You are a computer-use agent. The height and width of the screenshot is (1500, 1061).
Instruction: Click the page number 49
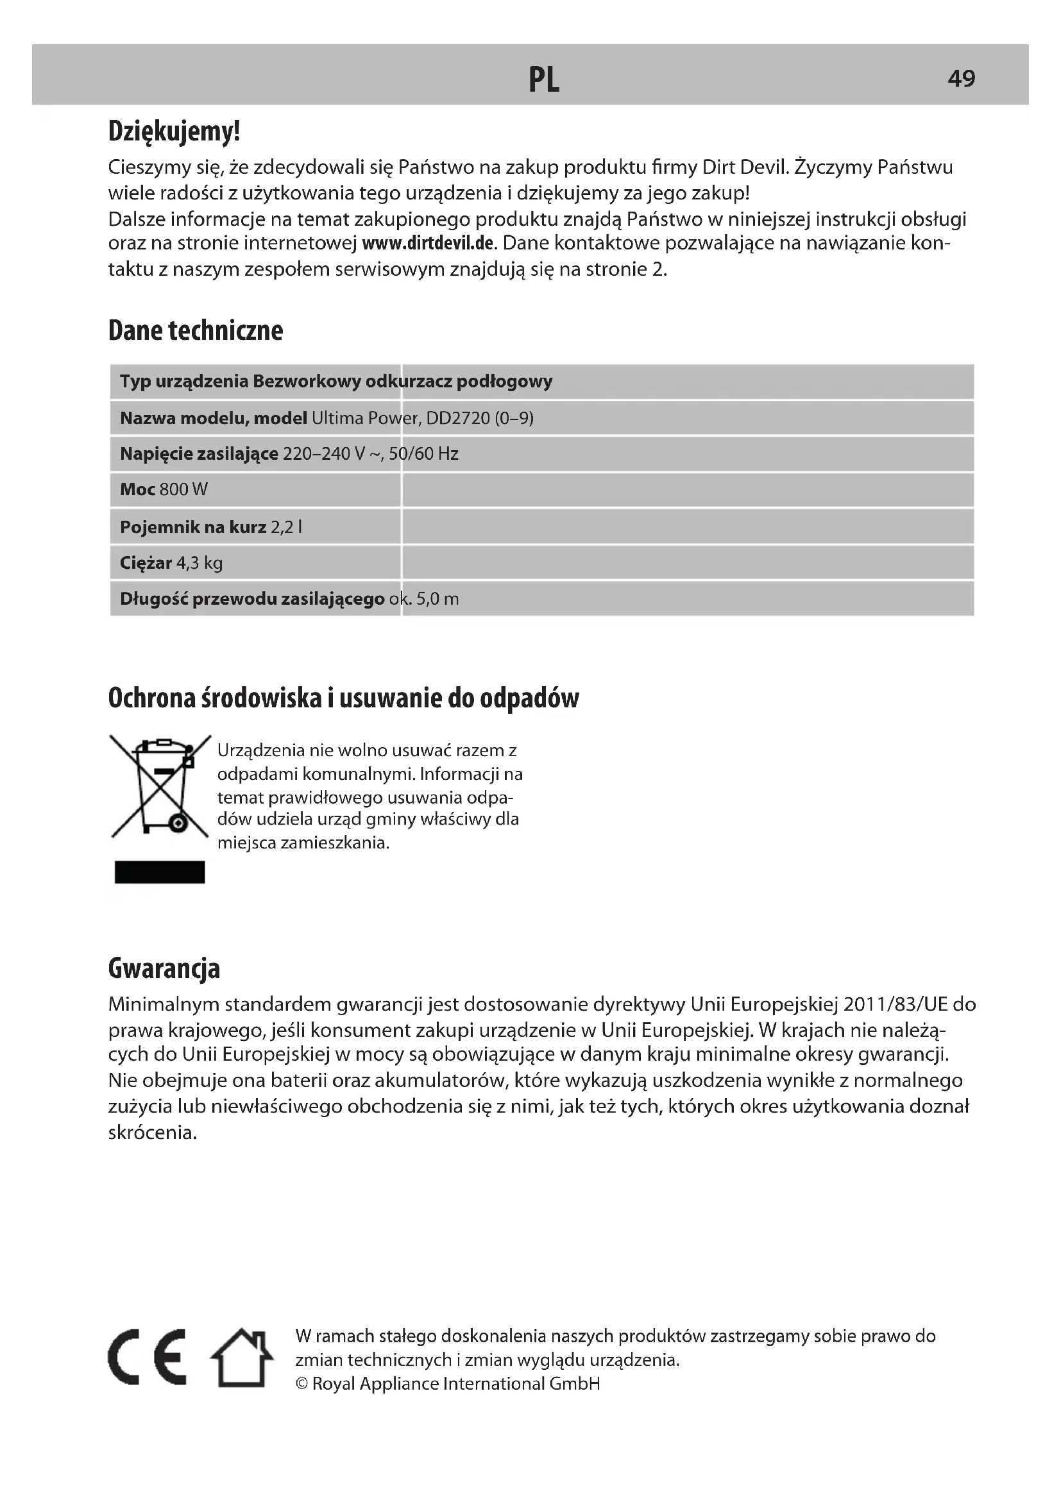[961, 79]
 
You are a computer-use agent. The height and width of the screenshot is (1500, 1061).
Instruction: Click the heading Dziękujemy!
[174, 131]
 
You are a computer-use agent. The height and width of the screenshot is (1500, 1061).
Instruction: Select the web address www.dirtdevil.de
[427, 244]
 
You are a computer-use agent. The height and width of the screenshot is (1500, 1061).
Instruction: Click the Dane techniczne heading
[196, 330]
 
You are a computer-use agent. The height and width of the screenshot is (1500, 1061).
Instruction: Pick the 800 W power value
[183, 490]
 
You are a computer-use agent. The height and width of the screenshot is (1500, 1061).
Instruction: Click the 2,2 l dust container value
[286, 527]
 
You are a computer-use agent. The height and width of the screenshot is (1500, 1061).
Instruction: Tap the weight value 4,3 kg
[199, 563]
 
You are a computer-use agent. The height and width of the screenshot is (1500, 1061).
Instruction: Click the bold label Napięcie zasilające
[199, 454]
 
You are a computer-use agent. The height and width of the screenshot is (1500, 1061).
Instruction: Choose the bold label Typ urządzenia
[183, 382]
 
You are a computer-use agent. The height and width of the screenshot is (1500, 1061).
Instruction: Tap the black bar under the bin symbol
[160, 872]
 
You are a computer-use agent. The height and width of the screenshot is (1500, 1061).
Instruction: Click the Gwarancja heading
[164, 968]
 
